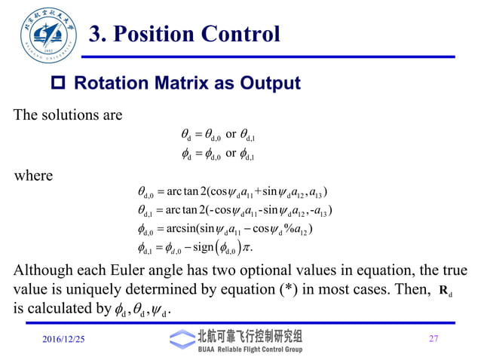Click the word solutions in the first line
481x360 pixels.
(x=66, y=115)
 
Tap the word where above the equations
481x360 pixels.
(x=34, y=176)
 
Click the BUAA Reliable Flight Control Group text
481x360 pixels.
(x=250, y=349)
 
